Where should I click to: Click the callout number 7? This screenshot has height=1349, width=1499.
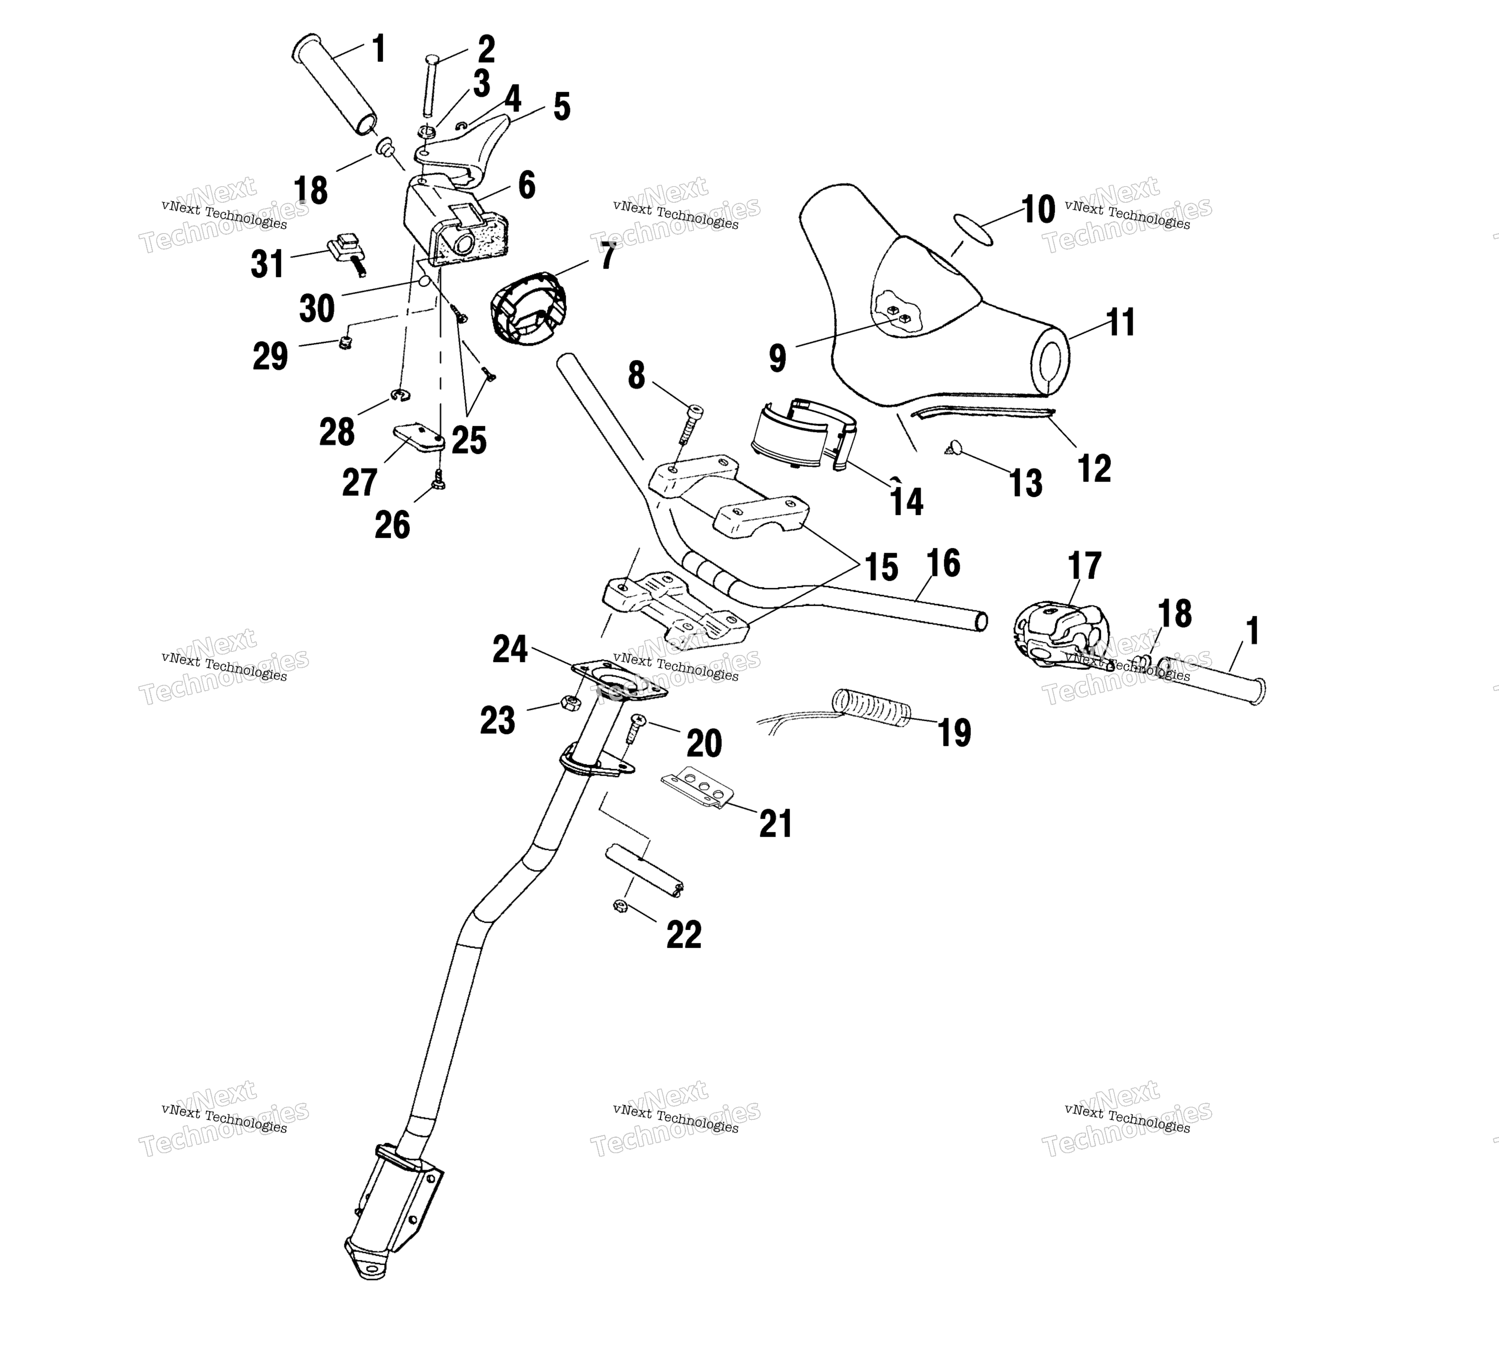tap(608, 256)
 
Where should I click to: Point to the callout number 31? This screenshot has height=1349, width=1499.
tap(267, 264)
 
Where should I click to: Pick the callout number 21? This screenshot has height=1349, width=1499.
tap(776, 824)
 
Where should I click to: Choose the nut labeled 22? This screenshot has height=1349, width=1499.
tap(621, 905)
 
